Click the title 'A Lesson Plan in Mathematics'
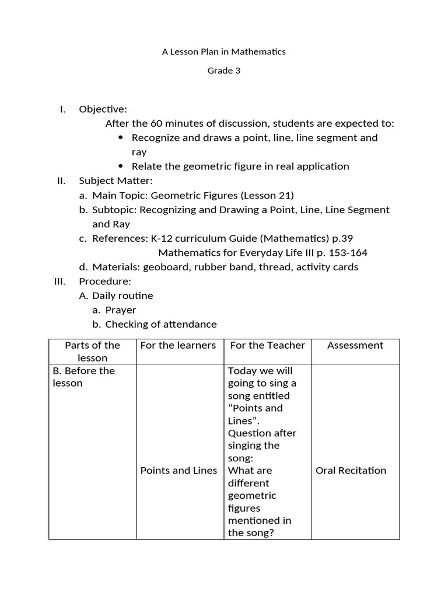coord(223,51)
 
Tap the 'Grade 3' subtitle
coord(224,71)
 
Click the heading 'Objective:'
coord(103,109)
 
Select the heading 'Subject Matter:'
coord(116,180)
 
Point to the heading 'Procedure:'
coord(105,281)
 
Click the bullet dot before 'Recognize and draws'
coord(121,138)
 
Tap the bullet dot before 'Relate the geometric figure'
coord(121,166)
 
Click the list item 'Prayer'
coord(121,310)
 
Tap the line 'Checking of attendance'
coord(161,324)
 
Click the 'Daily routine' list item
coord(123,295)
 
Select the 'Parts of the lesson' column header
coord(92,351)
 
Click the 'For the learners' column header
coord(178,345)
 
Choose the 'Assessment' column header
coord(355,345)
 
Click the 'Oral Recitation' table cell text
coord(351,470)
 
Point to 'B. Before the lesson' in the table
coord(83,377)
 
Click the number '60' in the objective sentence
coord(156,123)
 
